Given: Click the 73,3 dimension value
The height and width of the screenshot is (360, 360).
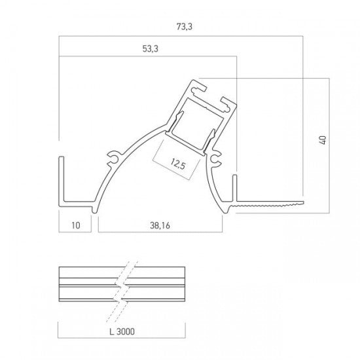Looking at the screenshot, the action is [x=185, y=27].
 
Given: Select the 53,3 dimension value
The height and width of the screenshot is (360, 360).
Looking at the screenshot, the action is [x=151, y=48].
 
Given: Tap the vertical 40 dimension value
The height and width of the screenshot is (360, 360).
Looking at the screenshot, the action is [x=323, y=140].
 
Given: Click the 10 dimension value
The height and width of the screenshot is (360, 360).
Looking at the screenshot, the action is [x=76, y=225].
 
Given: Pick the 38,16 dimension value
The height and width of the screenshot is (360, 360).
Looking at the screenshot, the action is [x=160, y=225].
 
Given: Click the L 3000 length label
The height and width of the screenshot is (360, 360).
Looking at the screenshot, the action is [x=122, y=332].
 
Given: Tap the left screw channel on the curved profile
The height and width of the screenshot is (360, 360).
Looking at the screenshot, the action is [x=113, y=158].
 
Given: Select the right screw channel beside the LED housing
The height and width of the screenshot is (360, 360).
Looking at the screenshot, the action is [x=215, y=158].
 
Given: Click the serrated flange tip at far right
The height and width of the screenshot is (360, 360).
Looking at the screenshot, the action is [x=302, y=202].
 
